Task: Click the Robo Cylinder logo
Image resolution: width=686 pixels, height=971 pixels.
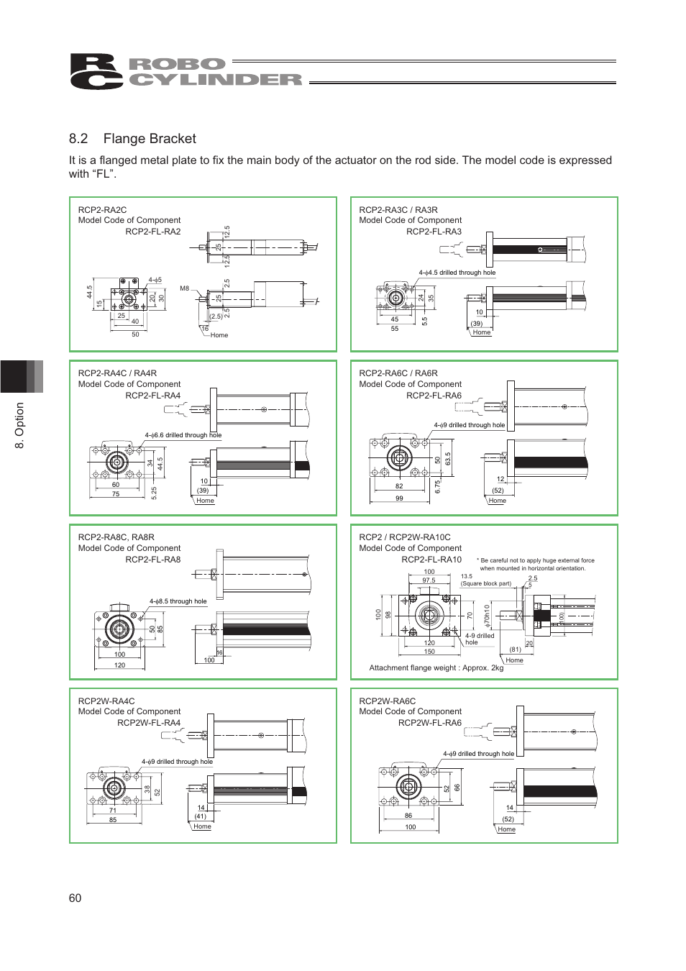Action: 186,72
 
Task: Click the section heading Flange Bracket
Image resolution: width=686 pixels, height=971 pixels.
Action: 149,139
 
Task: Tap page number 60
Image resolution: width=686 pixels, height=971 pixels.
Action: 75,898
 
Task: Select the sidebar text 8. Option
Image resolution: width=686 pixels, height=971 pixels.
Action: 20,425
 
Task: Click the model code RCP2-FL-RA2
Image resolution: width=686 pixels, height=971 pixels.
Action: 153,232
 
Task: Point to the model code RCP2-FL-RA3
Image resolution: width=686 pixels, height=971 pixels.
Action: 434,232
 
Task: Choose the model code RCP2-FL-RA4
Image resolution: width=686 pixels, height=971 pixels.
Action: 153,396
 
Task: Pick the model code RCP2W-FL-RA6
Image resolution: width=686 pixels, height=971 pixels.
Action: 430,723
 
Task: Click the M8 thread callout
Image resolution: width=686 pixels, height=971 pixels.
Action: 185,288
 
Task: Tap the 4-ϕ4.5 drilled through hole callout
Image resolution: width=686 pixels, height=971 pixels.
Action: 457,273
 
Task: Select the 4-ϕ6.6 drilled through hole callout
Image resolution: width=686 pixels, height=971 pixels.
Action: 183,435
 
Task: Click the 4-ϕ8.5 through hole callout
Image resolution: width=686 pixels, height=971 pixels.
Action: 178,601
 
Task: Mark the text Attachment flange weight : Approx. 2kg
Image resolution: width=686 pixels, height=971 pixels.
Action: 436,668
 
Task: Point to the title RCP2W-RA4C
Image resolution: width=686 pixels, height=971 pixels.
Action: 106,701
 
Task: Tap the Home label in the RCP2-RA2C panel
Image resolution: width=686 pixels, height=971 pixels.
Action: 219,335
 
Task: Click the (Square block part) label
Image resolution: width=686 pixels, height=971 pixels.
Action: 486,583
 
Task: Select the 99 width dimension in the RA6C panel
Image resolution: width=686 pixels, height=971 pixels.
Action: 399,498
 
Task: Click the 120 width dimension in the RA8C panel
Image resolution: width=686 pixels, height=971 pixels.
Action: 119,665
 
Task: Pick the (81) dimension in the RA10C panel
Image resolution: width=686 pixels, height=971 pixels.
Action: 515,649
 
